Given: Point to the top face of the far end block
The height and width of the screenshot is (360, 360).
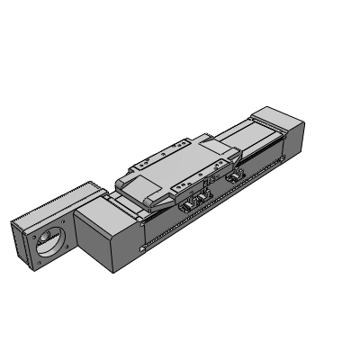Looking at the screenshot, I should click(278, 119).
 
